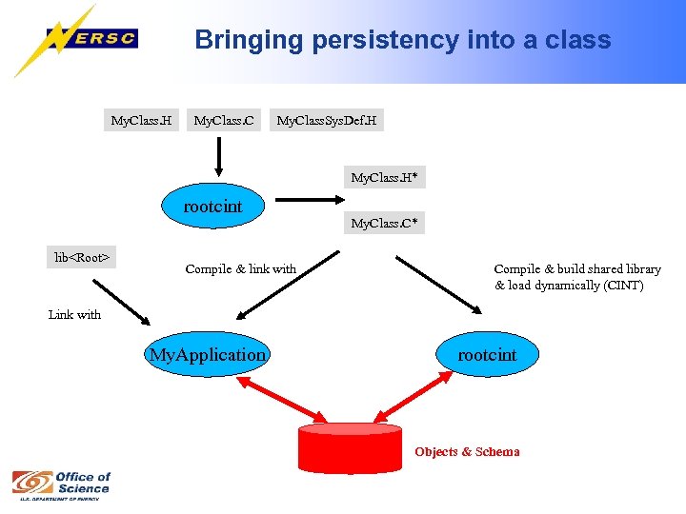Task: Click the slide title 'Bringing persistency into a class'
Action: click(x=402, y=40)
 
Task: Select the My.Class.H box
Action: click(x=141, y=121)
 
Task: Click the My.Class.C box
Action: click(x=224, y=121)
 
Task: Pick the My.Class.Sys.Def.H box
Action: click(x=326, y=121)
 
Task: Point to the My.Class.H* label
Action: click(x=384, y=178)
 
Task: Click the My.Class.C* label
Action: click(x=384, y=225)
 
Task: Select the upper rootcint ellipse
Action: click(x=213, y=207)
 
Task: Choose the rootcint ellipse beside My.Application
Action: click(x=487, y=355)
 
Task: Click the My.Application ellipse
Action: click(x=208, y=355)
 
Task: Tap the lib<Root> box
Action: click(x=82, y=257)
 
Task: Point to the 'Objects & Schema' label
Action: click(x=467, y=452)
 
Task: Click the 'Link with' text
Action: click(x=74, y=315)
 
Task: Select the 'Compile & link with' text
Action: click(x=240, y=269)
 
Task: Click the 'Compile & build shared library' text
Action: click(x=576, y=269)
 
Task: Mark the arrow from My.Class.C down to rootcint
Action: click(x=219, y=157)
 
